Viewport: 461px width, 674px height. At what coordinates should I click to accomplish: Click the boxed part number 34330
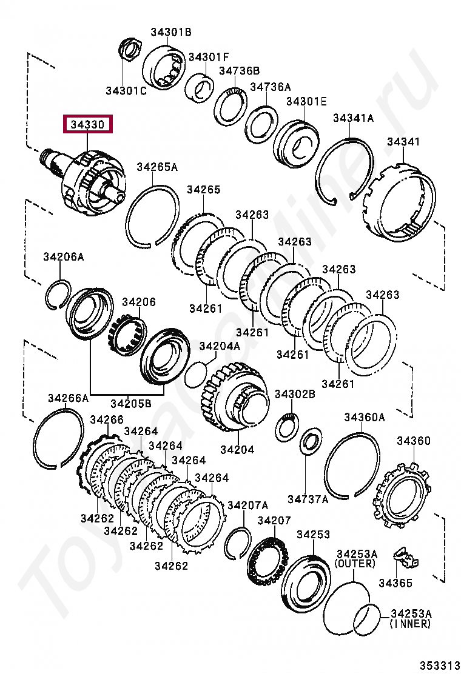pos(89,125)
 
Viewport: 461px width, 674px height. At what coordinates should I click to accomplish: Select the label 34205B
pos(131,402)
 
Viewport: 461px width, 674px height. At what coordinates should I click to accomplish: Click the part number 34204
pos(237,449)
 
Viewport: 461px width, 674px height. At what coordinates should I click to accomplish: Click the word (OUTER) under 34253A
pos(355,563)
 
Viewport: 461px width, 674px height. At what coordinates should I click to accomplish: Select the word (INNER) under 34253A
pos(410,623)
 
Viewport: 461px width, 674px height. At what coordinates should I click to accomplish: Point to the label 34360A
pos(365,417)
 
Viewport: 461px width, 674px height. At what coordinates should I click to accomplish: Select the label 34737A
pos(308,499)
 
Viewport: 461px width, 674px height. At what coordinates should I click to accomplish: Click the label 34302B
pos(295,394)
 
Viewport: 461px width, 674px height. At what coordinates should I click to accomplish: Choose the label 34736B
pos(239,70)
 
